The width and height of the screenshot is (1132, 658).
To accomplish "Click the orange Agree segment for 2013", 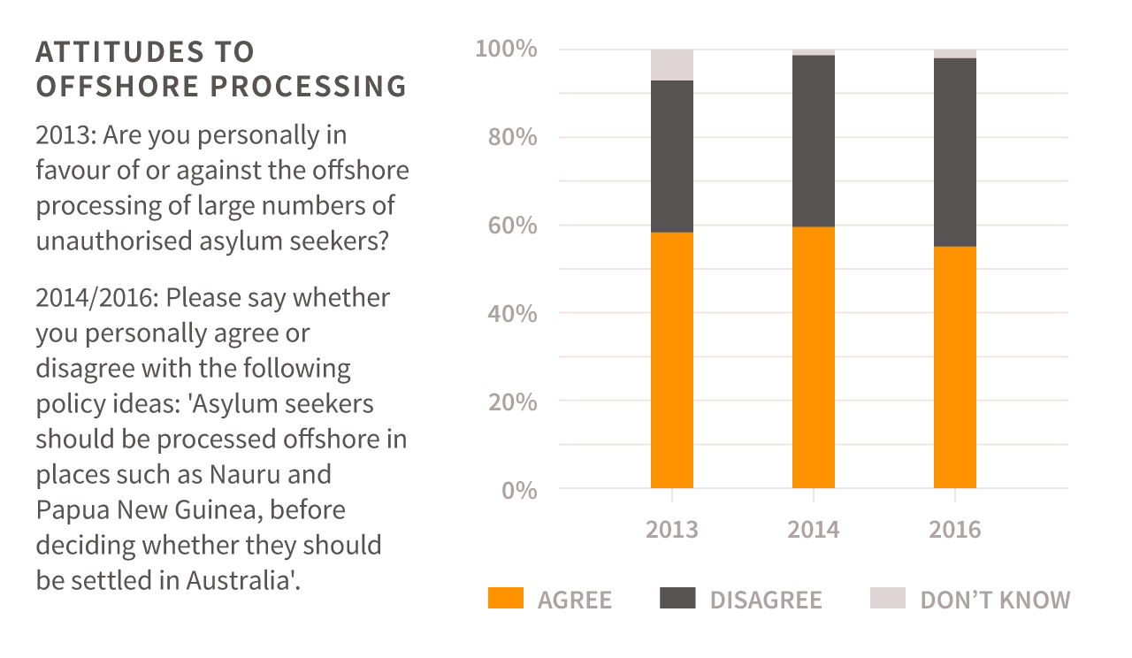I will tap(671, 360).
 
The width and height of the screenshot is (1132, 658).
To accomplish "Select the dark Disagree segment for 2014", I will tap(813, 142).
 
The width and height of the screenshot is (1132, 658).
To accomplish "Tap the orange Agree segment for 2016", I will tap(954, 367).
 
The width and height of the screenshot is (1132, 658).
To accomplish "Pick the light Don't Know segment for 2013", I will tap(671, 65).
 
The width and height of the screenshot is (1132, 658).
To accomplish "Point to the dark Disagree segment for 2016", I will tap(954, 152).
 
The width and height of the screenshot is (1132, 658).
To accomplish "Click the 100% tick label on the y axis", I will tap(506, 50).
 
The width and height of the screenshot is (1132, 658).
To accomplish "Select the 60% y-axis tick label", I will tap(512, 226).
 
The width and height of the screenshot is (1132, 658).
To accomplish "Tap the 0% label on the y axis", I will tap(519, 489).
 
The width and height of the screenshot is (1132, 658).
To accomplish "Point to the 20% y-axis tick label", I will tap(512, 402).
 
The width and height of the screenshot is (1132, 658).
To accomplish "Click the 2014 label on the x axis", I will tap(813, 530).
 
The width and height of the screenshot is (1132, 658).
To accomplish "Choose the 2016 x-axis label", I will tap(954, 530).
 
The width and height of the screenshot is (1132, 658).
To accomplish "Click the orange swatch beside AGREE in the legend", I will tap(506, 599).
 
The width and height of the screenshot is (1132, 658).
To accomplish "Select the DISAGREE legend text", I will tap(766, 600).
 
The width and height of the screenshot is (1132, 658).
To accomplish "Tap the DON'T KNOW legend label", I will tap(995, 600).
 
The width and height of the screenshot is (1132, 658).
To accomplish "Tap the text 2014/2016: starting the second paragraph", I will tap(96, 297).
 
